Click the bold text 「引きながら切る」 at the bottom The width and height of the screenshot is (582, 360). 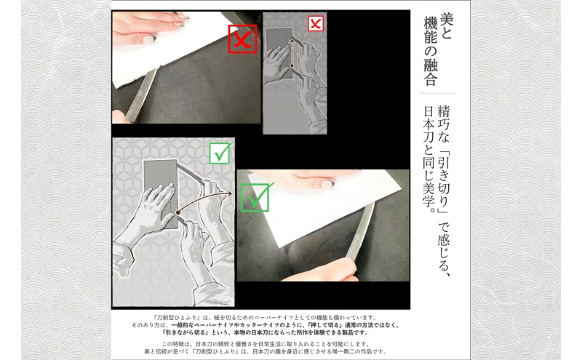pos(171,331)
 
